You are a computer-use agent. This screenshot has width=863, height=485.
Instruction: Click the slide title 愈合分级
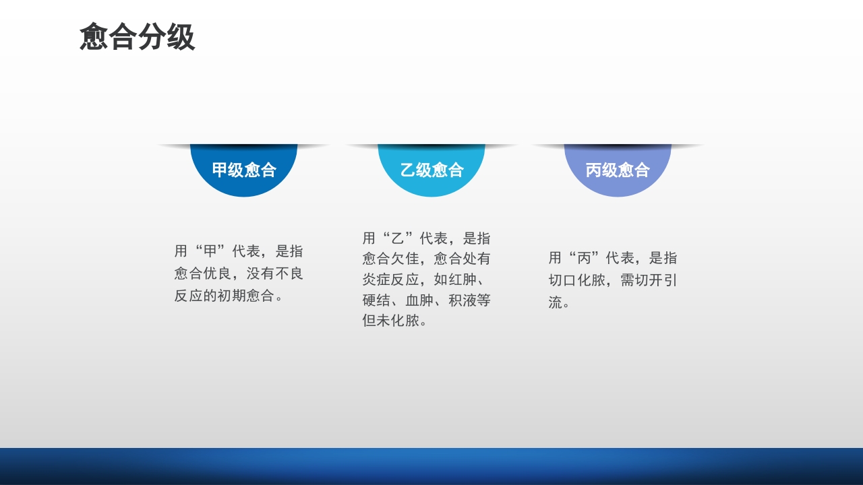[x=137, y=37]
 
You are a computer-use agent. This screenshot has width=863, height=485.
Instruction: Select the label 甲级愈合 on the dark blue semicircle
[x=244, y=170]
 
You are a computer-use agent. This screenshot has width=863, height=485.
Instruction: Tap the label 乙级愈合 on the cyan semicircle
[x=431, y=170]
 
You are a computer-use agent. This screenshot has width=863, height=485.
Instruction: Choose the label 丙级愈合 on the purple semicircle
[x=618, y=170]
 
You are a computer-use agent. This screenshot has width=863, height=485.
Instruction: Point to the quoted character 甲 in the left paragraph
[x=210, y=251]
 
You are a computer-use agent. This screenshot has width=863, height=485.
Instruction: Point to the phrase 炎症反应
[x=391, y=280]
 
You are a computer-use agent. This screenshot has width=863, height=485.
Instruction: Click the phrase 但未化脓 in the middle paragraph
[x=390, y=321]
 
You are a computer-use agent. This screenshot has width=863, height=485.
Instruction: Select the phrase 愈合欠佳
[x=390, y=259]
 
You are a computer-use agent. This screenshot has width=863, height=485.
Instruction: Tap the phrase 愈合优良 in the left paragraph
[x=203, y=273]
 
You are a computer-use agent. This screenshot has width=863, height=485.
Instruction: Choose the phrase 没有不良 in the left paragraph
[x=275, y=273]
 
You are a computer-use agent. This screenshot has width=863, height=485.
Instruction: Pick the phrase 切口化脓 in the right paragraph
[x=577, y=280]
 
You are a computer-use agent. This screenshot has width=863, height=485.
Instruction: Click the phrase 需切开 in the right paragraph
[x=642, y=280]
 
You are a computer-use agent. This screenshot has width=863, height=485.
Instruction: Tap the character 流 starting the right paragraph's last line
[x=556, y=302]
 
